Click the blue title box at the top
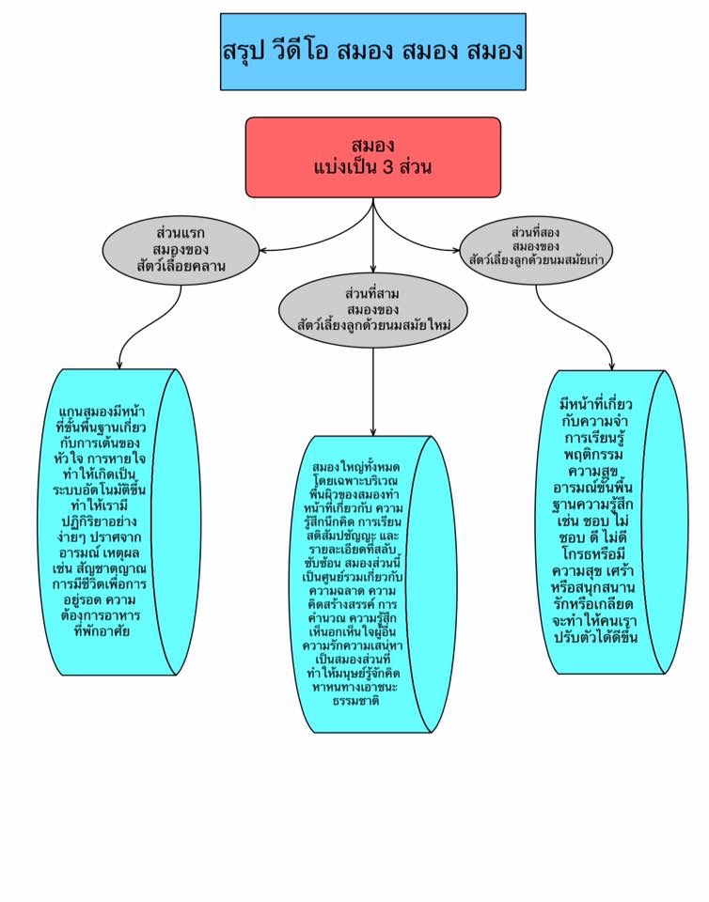(372, 52)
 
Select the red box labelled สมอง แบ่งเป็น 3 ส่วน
(372, 157)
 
